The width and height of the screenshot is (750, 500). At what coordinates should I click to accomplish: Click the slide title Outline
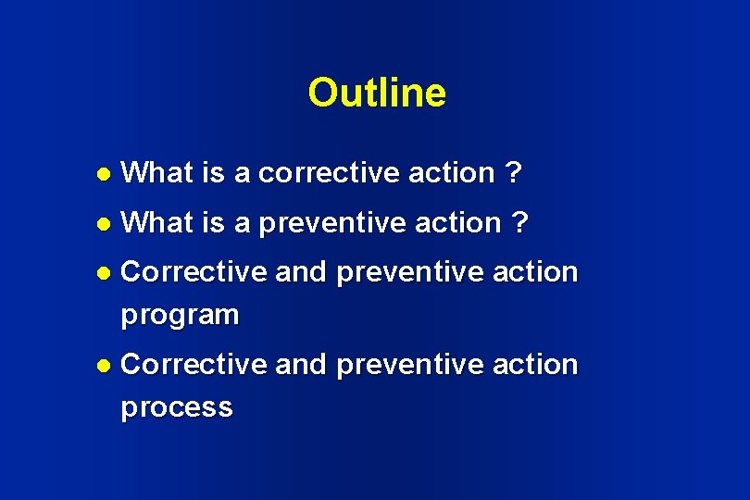tap(376, 93)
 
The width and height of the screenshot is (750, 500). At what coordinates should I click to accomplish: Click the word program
tap(180, 316)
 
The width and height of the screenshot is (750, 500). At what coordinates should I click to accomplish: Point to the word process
tap(177, 408)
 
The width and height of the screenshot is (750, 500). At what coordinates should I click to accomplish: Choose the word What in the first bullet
tap(156, 172)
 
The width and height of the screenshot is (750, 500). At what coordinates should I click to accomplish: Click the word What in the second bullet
tap(156, 222)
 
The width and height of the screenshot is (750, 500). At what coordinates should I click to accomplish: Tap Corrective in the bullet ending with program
tap(194, 272)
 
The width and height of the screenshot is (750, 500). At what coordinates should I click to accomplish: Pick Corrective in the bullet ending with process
tap(194, 365)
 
